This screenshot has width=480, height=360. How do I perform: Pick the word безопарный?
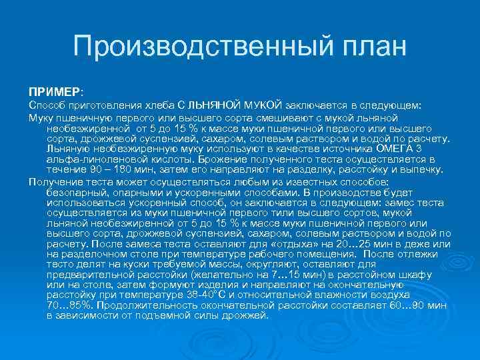click(x=76, y=191)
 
